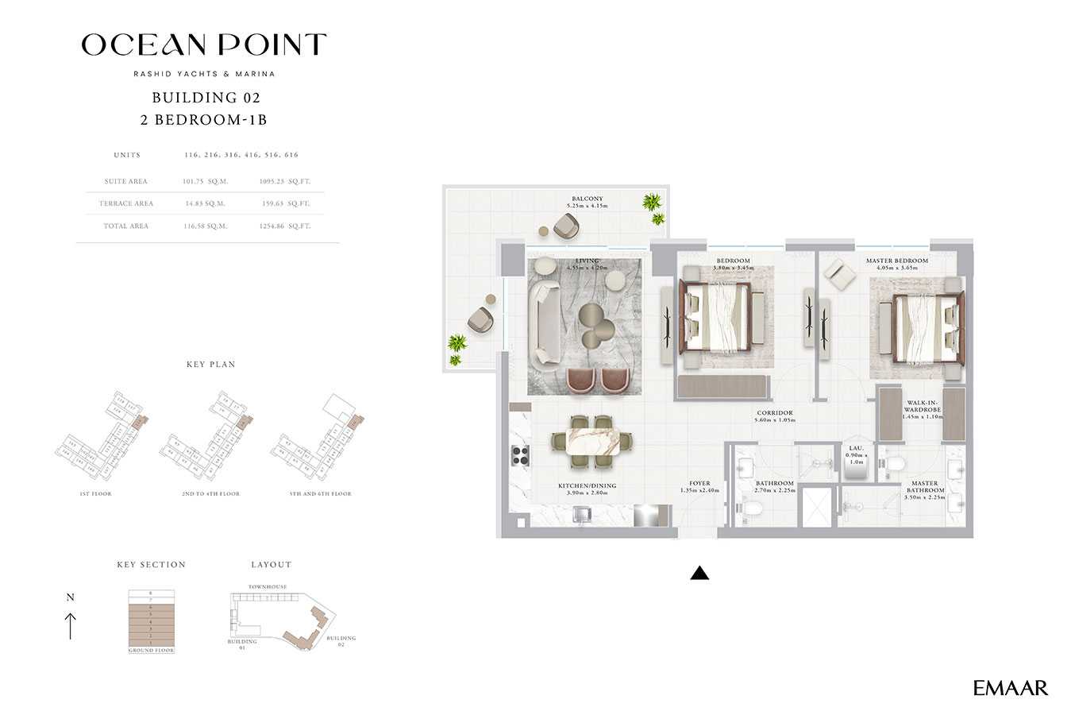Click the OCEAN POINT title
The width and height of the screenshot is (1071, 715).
[204, 45]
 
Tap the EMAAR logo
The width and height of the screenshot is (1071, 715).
[1010, 688]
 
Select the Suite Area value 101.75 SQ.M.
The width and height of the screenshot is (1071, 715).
[205, 181]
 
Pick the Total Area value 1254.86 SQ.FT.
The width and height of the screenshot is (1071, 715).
[284, 226]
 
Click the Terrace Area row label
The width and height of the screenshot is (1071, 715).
[126, 203]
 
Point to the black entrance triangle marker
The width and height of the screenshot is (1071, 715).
[699, 573]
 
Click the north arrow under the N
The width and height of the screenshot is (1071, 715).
[70, 626]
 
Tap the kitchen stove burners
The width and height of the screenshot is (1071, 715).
[519, 455]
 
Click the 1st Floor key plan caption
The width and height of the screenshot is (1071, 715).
[95, 494]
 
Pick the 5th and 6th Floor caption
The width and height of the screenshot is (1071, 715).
[320, 494]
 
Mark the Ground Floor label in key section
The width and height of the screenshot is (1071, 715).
[151, 651]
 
